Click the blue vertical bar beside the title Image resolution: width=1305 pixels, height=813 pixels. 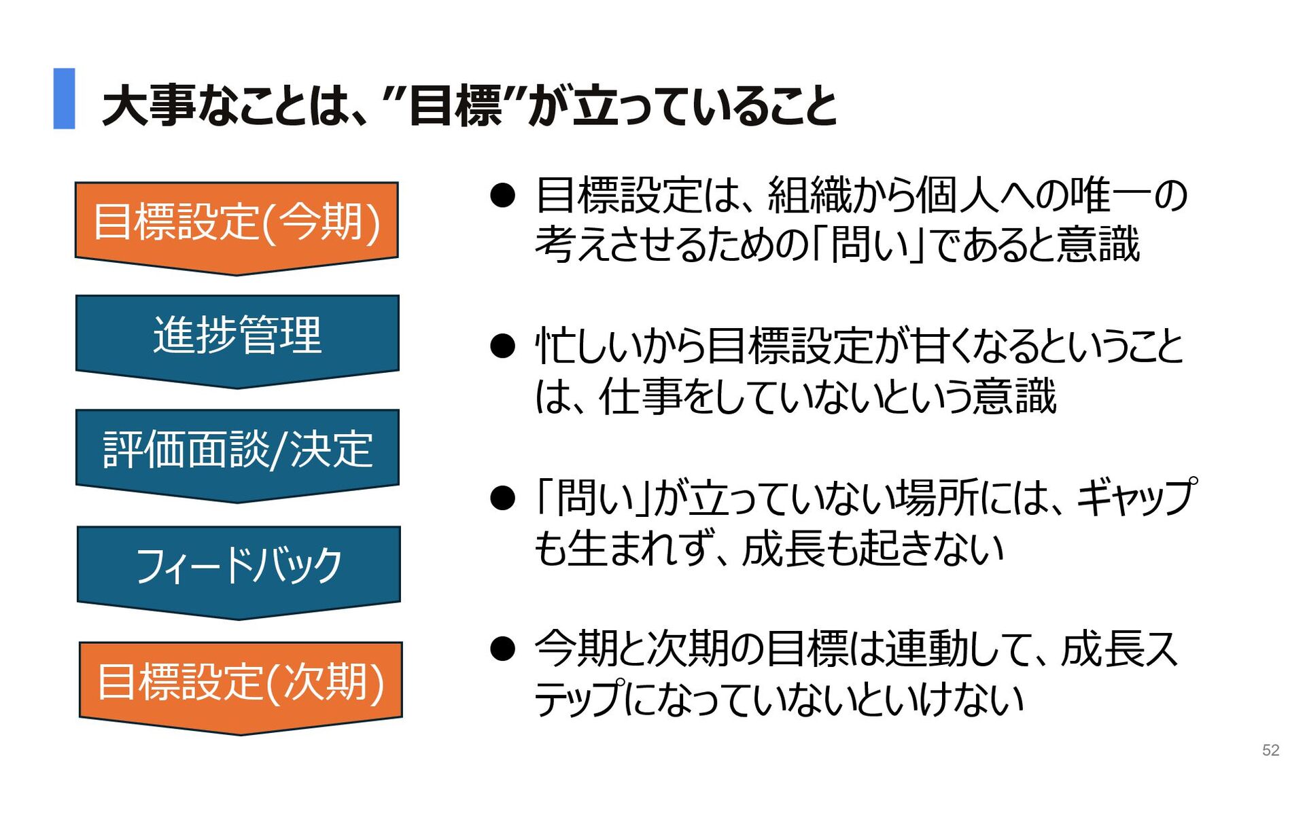point(64,98)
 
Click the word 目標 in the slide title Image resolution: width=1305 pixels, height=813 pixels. point(455,106)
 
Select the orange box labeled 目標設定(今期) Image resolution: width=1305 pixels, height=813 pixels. point(237,222)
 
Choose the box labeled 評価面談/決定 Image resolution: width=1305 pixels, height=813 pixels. point(237,449)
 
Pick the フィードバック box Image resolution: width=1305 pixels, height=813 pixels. point(239,565)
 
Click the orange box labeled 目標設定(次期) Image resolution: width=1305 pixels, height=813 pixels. point(241,681)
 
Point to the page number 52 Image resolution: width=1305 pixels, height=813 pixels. point(1270,750)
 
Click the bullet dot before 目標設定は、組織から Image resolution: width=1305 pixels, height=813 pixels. point(502,196)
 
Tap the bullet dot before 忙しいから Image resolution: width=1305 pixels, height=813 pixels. point(502,346)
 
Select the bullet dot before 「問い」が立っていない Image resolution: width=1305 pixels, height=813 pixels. point(502,498)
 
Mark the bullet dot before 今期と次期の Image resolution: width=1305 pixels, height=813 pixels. point(502,649)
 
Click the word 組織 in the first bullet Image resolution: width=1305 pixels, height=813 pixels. point(810,196)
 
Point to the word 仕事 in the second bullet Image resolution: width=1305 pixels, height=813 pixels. point(640,397)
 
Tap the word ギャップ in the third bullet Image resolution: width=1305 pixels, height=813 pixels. point(1136,497)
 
